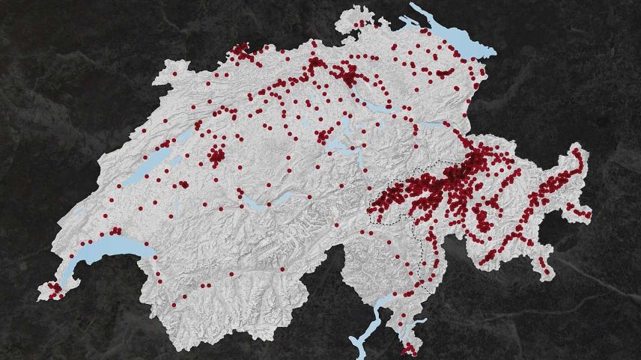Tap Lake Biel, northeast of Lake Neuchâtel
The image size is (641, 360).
pos(184,138)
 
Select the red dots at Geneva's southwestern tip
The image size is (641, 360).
pos(54,289)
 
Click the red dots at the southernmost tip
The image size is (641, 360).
pos(409,349)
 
